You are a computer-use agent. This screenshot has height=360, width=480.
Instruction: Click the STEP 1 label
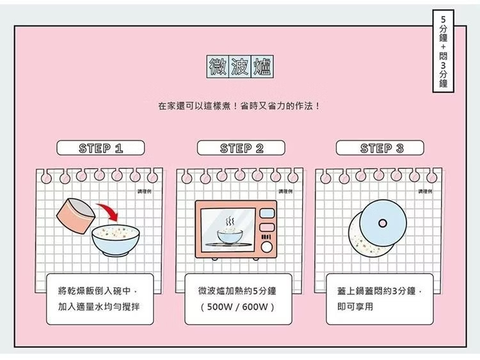(100, 148)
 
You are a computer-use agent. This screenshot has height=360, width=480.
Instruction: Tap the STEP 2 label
(241, 148)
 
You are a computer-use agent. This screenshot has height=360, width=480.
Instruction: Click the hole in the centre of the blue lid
(383, 223)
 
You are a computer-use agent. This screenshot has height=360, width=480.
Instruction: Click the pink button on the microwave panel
(268, 227)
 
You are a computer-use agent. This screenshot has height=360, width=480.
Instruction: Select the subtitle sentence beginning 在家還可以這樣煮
(239, 105)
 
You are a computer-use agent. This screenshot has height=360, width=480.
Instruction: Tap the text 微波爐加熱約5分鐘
(237, 291)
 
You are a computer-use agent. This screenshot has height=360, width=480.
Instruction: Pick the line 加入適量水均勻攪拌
(99, 307)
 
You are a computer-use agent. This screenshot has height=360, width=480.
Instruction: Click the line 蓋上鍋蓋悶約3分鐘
(379, 291)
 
